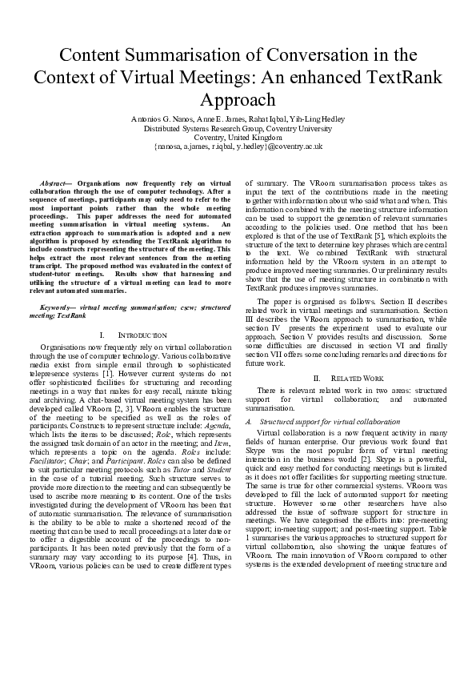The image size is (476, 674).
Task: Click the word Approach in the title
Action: (x=238, y=100)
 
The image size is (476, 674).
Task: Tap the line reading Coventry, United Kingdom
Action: (x=238, y=137)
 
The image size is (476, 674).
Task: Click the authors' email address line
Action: (x=238, y=146)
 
